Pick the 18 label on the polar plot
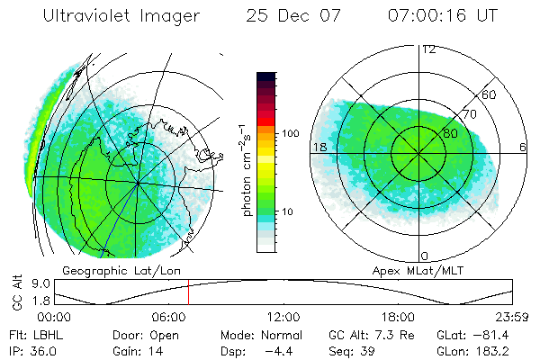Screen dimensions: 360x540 pos(318,147)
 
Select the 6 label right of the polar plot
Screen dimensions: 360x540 pos(523,147)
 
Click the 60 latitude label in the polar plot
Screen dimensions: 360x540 pos(490,94)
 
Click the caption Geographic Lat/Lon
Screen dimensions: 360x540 pos(103,270)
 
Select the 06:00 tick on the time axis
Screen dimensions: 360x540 pos(169,317)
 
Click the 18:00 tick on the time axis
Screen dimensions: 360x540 pos(397,317)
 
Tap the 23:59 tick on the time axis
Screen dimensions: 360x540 pos(510,317)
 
